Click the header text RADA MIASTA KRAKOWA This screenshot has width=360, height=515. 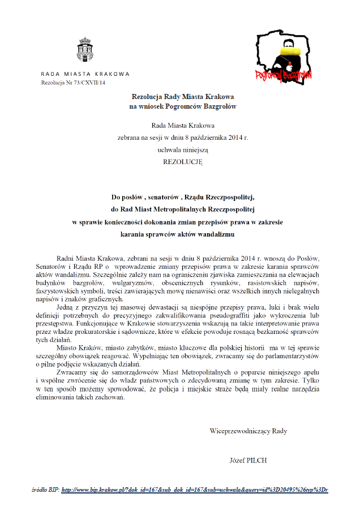coord(85,74)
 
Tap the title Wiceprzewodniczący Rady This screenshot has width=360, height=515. coord(248,431)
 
